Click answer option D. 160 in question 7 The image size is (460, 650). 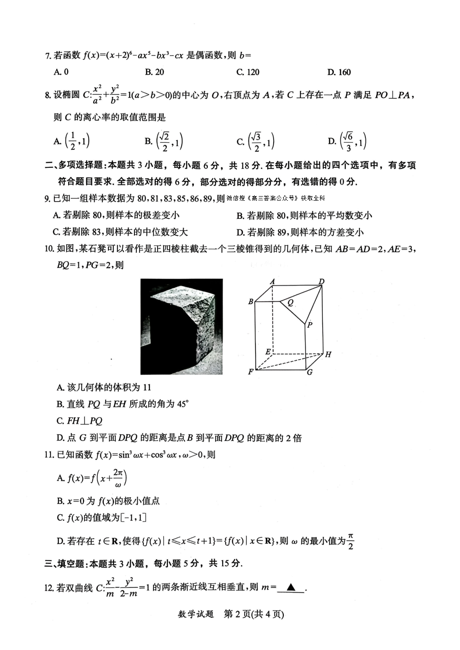point(339,72)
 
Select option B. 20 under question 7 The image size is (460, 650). point(154,72)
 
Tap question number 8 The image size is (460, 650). point(47,95)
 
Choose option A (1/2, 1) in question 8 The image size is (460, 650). point(71,141)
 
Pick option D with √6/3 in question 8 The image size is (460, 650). point(347,141)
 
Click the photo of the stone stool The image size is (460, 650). point(181,326)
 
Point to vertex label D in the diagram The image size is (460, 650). point(321,281)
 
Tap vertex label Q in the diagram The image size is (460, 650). point(291,303)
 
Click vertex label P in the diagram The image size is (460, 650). point(310,325)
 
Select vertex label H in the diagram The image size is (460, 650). point(328,355)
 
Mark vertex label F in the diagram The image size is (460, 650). point(251,372)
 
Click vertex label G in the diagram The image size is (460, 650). point(309,372)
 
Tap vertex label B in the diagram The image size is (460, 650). point(251,302)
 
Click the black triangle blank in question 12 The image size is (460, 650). point(291,587)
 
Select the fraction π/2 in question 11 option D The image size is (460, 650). point(351,541)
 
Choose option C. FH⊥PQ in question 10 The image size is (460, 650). point(79,421)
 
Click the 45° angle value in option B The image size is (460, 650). point(183,404)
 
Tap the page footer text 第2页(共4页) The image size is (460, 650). point(254,614)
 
